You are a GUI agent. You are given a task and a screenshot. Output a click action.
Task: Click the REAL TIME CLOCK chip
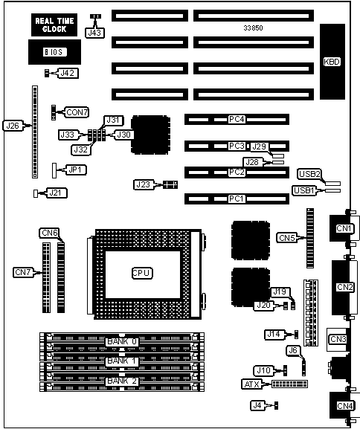[x=54, y=25]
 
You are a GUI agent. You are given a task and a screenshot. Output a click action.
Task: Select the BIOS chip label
[x=55, y=52]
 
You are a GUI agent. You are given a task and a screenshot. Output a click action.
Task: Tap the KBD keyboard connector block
[x=332, y=62]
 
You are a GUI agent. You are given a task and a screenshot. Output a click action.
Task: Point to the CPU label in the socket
[x=142, y=273]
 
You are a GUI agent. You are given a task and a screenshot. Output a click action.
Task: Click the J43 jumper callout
[x=94, y=33]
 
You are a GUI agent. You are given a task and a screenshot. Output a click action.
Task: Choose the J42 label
[x=68, y=73]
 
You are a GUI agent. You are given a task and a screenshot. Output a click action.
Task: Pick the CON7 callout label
[x=77, y=112]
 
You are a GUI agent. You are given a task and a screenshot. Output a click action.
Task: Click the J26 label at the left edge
[x=13, y=126]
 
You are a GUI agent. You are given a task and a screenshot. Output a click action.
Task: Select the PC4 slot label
[x=237, y=119]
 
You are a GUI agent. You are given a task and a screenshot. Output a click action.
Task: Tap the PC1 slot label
[x=236, y=199]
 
